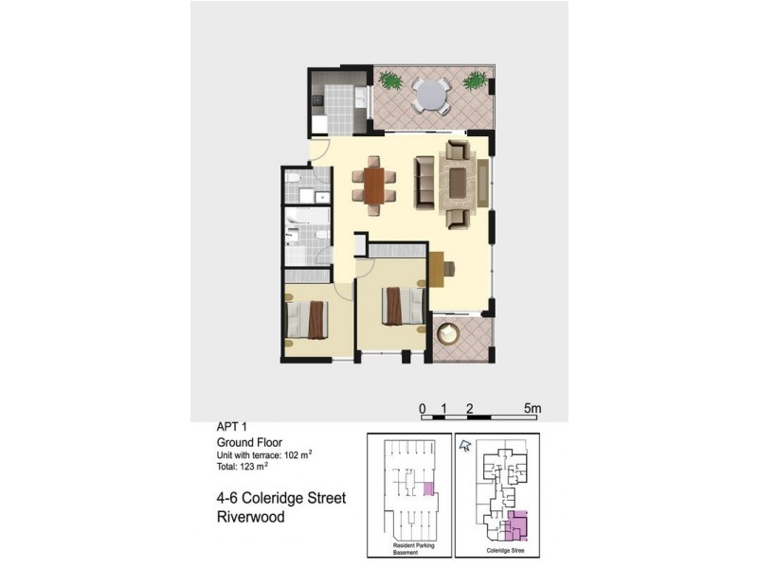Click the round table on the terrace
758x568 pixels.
(x=432, y=95)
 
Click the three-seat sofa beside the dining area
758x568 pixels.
(x=423, y=181)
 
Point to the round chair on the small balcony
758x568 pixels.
(x=449, y=335)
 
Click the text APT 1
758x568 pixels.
(x=233, y=428)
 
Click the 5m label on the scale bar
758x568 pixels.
(x=532, y=408)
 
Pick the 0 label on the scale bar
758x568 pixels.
(x=423, y=408)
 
